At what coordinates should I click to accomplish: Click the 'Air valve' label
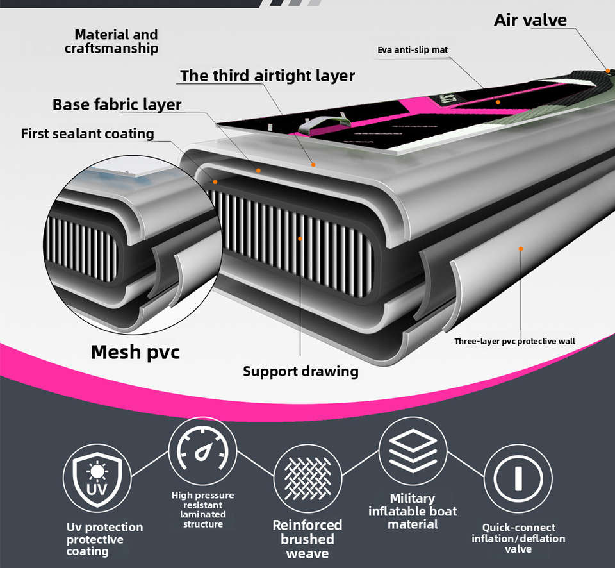click(x=530, y=20)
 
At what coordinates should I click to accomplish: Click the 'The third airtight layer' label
click(x=267, y=76)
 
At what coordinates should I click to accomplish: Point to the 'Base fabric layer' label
click(x=117, y=104)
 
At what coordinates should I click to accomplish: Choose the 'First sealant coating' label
click(x=88, y=133)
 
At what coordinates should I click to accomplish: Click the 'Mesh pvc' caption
click(x=135, y=352)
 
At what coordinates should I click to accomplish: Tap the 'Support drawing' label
click(x=300, y=371)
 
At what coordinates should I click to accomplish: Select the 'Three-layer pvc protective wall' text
click(x=514, y=341)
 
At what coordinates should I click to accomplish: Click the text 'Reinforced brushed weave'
click(x=307, y=539)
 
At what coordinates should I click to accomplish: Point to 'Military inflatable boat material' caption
click(x=413, y=511)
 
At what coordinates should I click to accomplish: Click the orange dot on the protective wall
click(x=521, y=248)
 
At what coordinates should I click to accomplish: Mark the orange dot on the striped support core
click(x=300, y=238)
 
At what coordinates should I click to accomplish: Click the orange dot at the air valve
click(x=607, y=69)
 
